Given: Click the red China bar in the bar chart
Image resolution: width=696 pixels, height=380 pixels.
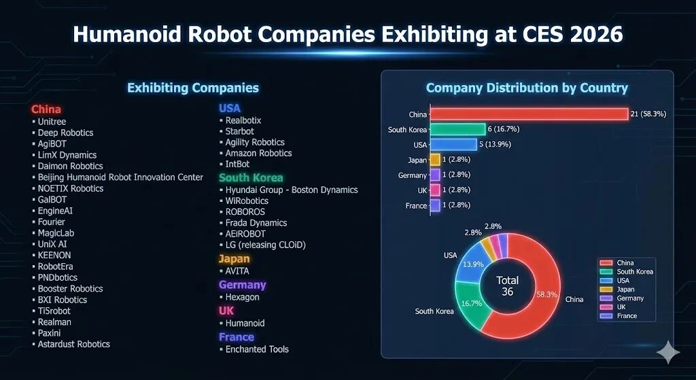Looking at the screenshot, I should (529, 114).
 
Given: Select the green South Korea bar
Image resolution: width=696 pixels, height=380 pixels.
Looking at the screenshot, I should (458, 129).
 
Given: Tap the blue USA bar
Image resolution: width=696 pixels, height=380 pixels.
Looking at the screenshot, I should (454, 144).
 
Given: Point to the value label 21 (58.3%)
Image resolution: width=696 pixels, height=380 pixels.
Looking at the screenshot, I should (648, 114).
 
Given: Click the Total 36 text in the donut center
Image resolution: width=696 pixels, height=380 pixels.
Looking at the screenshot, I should (507, 286).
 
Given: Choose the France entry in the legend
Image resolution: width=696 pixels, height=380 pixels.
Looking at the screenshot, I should (625, 316).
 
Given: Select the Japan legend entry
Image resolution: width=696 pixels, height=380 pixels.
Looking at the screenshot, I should (625, 290).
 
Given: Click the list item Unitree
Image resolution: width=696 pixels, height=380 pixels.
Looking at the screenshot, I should (52, 122).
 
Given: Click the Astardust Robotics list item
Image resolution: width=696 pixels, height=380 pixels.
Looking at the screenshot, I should (73, 344).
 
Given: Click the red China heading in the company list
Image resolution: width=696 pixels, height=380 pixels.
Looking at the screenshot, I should (46, 109).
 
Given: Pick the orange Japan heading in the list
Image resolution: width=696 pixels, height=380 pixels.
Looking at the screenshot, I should (234, 259).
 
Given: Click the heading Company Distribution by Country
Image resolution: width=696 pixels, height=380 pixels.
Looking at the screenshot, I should (527, 88).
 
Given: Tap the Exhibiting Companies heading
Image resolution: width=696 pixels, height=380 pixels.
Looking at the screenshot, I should (193, 88).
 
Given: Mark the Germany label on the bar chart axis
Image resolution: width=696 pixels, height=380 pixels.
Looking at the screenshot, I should (413, 175).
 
